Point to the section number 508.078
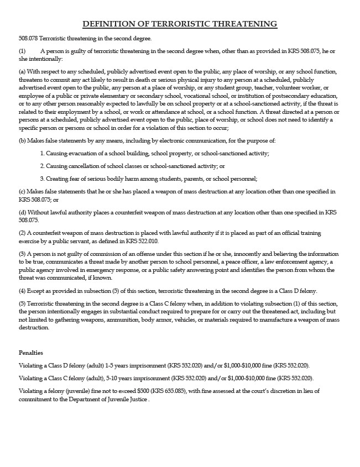[28, 38]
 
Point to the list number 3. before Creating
[42, 179]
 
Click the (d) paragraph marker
[22, 212]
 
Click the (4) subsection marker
[22, 291]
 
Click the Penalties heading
[31, 353]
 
